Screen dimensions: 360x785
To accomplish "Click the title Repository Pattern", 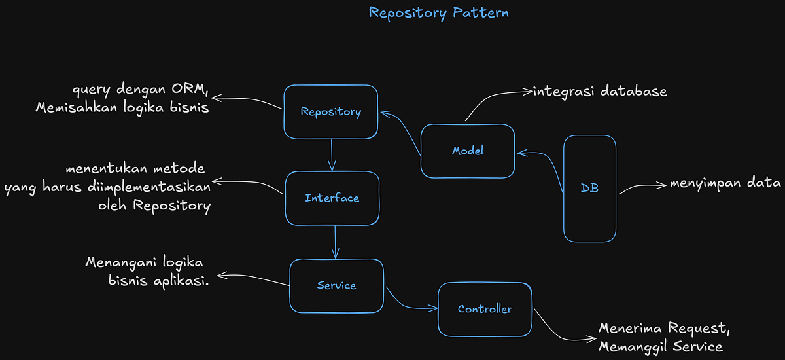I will point(438,13).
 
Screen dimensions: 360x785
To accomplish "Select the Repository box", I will point(330,112).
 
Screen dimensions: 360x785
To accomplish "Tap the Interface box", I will point(332,198).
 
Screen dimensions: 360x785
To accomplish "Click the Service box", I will point(336,285).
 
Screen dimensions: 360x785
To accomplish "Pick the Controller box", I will point(484,309).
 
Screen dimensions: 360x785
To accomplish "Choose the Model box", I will point(467,151).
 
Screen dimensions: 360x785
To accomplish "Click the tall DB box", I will point(589,189).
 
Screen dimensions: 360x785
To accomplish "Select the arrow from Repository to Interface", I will point(332,155).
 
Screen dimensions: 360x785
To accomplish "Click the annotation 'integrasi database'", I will point(600,92).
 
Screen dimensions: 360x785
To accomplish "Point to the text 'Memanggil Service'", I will point(660,346).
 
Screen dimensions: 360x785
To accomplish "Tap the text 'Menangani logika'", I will point(145,262).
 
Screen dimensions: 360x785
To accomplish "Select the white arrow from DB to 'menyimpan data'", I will point(641,187).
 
